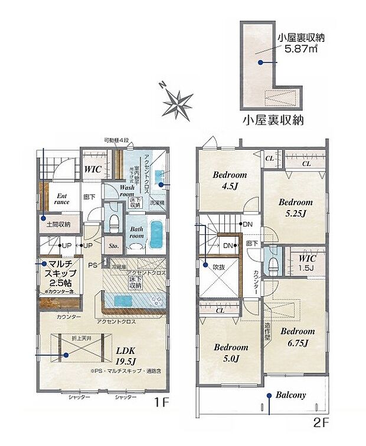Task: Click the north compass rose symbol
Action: point(177,103)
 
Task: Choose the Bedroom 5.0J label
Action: point(230,352)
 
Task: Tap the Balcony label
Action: point(290,395)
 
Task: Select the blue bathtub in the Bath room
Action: point(156,235)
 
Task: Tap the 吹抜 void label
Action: point(219,267)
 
